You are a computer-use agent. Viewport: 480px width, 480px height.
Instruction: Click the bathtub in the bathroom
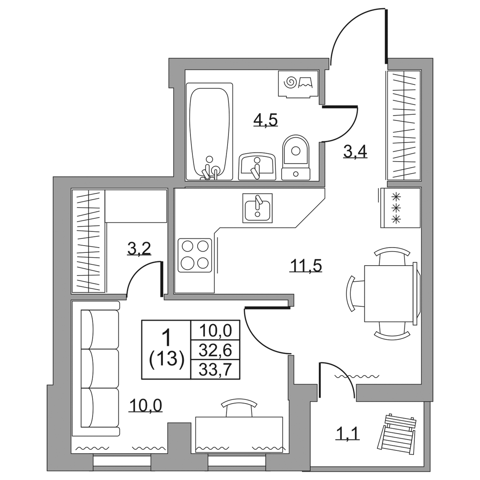pyautogui.click(x=209, y=132)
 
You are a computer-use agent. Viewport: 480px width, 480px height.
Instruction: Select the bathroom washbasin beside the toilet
pyautogui.click(x=257, y=166)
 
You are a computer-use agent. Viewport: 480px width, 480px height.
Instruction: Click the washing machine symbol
pyautogui.click(x=298, y=84)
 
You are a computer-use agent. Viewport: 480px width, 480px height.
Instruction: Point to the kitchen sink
pyautogui.click(x=258, y=208)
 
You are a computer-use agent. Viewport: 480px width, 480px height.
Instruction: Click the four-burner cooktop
pyautogui.click(x=195, y=255)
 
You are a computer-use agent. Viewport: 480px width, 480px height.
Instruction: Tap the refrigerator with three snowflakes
pyautogui.click(x=400, y=208)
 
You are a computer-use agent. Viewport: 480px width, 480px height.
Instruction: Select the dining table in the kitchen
pyautogui.click(x=390, y=293)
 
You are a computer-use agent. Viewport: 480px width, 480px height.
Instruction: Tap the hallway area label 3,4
pyautogui.click(x=355, y=152)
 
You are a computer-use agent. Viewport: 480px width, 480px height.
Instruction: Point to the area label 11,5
pyautogui.click(x=306, y=265)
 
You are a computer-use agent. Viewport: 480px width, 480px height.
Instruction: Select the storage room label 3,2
pyautogui.click(x=139, y=249)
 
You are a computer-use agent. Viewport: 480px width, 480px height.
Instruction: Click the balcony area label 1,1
pyautogui.click(x=348, y=434)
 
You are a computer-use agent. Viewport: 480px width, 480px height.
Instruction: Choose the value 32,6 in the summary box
pyautogui.click(x=216, y=350)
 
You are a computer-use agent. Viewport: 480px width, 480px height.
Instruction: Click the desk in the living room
pyautogui.click(x=239, y=431)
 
